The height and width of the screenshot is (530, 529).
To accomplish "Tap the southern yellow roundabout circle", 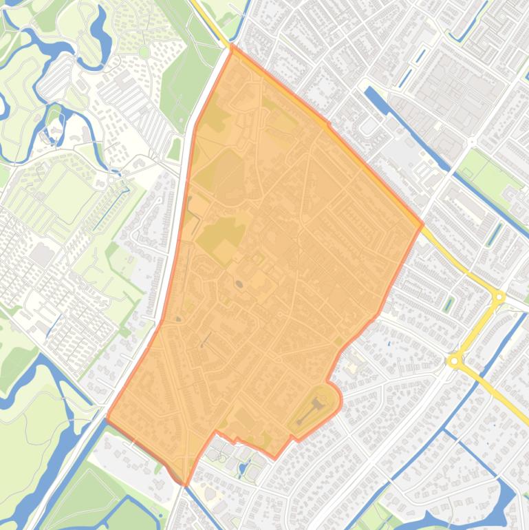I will pos(454,361).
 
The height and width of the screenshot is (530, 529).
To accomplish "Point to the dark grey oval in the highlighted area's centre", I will pos(239,284).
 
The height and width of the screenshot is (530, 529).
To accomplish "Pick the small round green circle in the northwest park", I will pos(144,52).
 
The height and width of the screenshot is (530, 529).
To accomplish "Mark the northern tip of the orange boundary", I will pos(233,46).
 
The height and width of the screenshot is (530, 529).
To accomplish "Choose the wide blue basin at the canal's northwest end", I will pos(372,93).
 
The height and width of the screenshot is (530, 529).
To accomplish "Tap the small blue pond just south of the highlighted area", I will pos(241,471).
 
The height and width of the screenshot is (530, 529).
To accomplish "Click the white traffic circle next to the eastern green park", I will pos(472,142).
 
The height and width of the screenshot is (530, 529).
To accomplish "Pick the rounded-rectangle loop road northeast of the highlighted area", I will pos(369,126).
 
